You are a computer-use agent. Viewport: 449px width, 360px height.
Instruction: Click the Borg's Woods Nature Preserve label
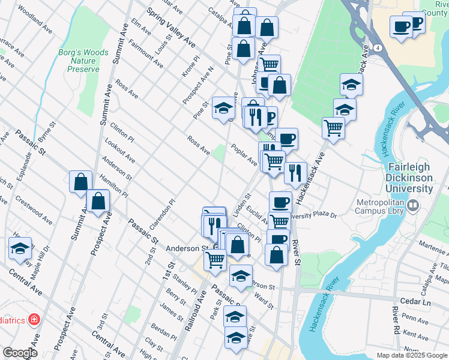83,61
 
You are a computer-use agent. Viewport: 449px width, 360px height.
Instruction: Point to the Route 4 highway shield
376,47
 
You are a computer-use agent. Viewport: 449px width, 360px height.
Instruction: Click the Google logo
20,353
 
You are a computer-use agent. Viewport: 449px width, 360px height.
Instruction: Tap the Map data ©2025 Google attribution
411,355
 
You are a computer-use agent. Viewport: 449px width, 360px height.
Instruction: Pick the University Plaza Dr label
313,214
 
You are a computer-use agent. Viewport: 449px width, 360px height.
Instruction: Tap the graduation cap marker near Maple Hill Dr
20,248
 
